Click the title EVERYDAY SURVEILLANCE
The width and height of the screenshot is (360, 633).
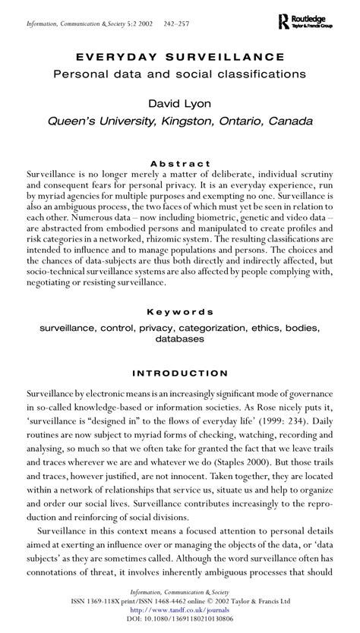click(180, 58)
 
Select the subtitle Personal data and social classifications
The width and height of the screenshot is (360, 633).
click(180, 74)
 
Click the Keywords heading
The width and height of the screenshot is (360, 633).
click(180, 312)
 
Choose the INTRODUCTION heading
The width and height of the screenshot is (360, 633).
click(180, 373)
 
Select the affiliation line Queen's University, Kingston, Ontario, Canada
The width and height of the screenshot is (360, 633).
click(180, 121)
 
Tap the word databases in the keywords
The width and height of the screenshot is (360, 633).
click(180, 339)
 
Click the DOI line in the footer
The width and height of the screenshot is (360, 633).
click(180, 619)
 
